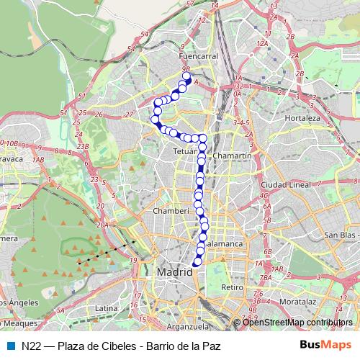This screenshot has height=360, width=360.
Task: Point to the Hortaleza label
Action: click(x=302, y=117)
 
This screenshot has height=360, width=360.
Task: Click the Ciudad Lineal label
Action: click(x=285, y=184)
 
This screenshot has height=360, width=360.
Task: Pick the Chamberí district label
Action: click(x=171, y=211)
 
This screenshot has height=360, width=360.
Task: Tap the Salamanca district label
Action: click(x=224, y=244)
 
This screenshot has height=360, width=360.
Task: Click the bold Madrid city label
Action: click(x=175, y=273)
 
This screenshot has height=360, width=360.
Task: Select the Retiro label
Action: click(x=233, y=287)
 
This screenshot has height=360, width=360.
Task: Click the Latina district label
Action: click(x=106, y=307)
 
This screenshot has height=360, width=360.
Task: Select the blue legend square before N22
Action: click(x=9, y=346)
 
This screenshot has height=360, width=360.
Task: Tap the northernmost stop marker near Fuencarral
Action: click(x=186, y=76)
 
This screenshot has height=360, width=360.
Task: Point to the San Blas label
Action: click(x=340, y=235)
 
